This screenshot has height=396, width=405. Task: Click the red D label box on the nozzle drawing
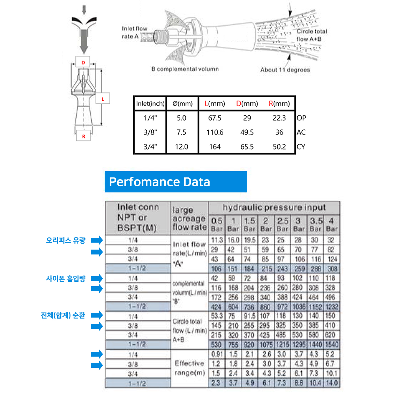[x=83, y=62]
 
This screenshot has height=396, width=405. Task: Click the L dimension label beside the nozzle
[x=103, y=99]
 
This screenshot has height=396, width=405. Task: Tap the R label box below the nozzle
[x=84, y=136]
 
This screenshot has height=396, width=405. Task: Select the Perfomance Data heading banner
[x=176, y=182]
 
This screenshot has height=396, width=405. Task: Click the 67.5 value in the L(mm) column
[x=215, y=118]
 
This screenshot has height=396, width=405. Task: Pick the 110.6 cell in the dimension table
[x=215, y=132]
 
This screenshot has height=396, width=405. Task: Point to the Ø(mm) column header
[x=182, y=104]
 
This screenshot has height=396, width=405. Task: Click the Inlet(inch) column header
[x=150, y=104]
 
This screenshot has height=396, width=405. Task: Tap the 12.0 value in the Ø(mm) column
[x=181, y=147]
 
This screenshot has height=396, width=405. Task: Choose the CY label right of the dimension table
[x=301, y=147]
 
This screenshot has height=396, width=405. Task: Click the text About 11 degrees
[x=285, y=70]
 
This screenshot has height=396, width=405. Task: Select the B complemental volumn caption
[x=185, y=69]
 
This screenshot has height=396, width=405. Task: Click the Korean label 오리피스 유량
[x=66, y=240]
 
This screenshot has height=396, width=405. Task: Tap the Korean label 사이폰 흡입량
[x=66, y=279]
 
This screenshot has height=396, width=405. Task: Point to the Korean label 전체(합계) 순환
[x=63, y=315]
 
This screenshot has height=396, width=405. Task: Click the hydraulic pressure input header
[x=274, y=208]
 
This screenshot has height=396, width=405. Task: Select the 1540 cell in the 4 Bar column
[x=331, y=345]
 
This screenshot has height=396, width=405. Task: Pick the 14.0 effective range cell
[x=331, y=383]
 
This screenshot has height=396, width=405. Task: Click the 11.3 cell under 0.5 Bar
[x=217, y=240]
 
